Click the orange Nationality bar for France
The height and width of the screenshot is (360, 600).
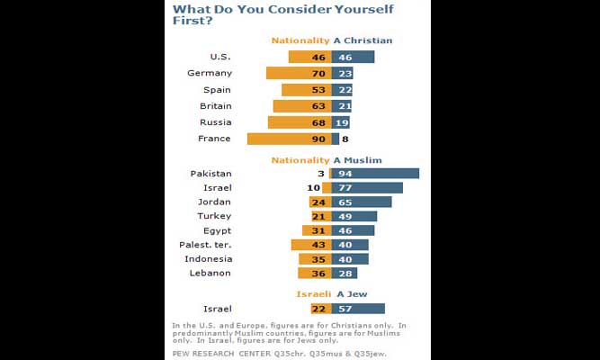point(289,139)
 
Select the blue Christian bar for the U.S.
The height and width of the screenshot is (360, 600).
point(353,57)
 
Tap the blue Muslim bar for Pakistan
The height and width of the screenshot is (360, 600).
point(375,174)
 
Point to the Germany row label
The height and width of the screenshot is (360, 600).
point(210,73)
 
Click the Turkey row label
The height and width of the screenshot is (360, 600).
point(214,216)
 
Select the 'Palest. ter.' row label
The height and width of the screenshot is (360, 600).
point(207,245)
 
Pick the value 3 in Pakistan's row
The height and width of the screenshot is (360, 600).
point(321,174)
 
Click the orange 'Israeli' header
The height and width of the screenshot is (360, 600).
point(313,293)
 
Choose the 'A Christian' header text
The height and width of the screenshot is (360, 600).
point(363,40)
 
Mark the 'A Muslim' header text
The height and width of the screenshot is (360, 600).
point(358,159)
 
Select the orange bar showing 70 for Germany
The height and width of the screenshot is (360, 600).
point(299,73)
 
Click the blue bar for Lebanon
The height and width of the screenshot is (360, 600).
point(345,273)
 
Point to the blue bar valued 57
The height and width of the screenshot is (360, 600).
point(358,309)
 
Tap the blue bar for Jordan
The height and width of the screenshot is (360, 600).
point(362,202)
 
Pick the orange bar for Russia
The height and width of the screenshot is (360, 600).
point(300,122)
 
